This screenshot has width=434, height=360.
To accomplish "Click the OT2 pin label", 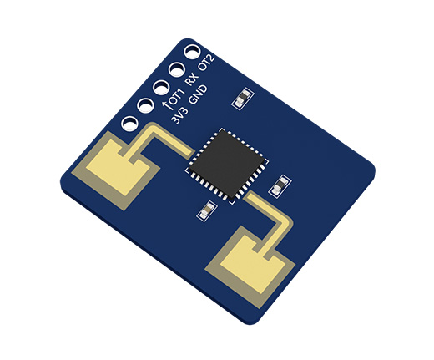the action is click(x=206, y=63).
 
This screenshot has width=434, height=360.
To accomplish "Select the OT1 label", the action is click(x=177, y=97).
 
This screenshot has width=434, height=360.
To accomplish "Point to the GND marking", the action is click(x=198, y=94).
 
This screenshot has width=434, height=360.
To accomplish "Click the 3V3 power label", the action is click(x=179, y=115).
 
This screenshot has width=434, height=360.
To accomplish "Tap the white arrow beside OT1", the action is click(x=166, y=105).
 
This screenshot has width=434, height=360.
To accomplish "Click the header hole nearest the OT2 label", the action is click(x=192, y=52).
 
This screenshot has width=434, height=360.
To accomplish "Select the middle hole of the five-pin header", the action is click(x=161, y=88).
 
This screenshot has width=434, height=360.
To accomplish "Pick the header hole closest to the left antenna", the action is click(x=129, y=124).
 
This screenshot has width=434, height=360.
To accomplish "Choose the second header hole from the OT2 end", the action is click(x=177, y=69).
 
